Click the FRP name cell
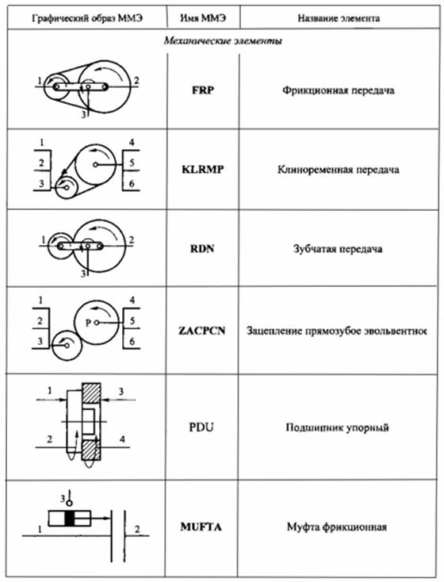(x=203, y=90)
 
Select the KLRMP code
(x=203, y=170)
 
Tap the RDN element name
(x=203, y=248)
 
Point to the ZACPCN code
(x=202, y=331)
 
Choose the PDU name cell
(x=201, y=427)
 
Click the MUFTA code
(x=201, y=526)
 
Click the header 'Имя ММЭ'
(x=203, y=17)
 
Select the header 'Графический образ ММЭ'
(x=87, y=18)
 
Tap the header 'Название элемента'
(x=339, y=18)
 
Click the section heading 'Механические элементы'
(x=223, y=40)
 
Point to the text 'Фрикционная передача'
(x=339, y=90)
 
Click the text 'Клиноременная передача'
(x=339, y=170)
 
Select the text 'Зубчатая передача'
(x=338, y=248)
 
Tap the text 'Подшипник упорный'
(x=338, y=427)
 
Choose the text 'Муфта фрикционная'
(x=337, y=526)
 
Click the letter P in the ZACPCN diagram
(x=88, y=323)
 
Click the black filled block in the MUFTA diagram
(x=70, y=518)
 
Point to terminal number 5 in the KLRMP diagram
(x=132, y=163)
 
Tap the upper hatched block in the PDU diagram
(x=91, y=393)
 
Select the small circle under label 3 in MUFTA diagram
(x=69, y=502)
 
